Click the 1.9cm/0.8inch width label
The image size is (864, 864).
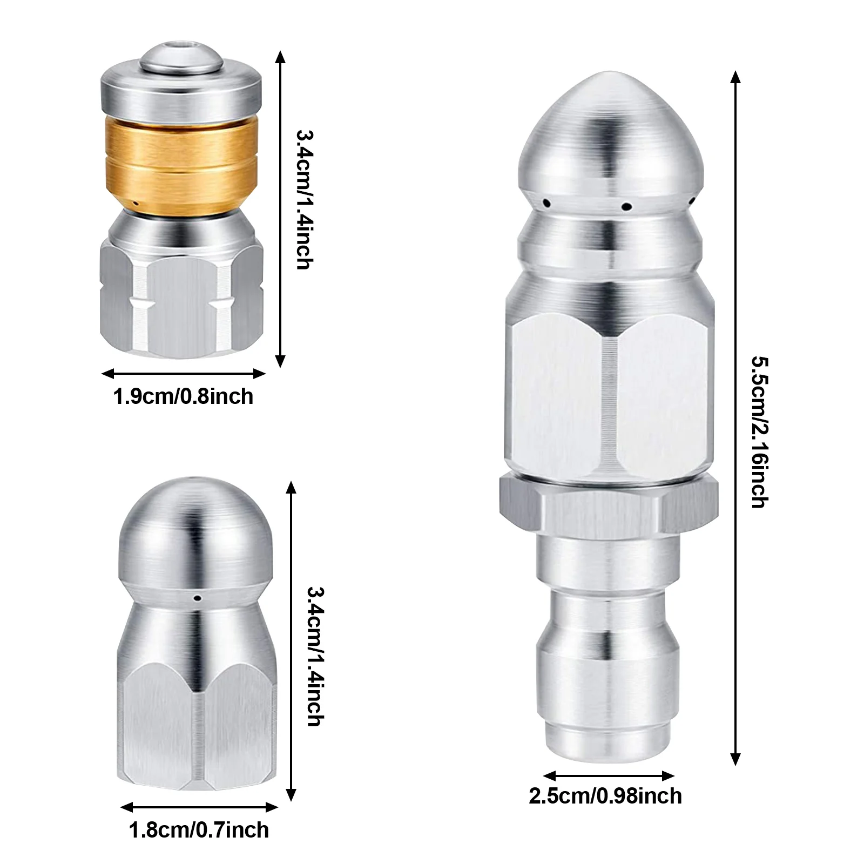183,397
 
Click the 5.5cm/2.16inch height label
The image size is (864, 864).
758,432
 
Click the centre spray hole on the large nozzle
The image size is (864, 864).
626,206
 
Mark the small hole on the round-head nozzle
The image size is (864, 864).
198,597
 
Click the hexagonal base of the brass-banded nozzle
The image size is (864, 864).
181,302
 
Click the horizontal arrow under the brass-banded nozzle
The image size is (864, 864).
183,373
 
